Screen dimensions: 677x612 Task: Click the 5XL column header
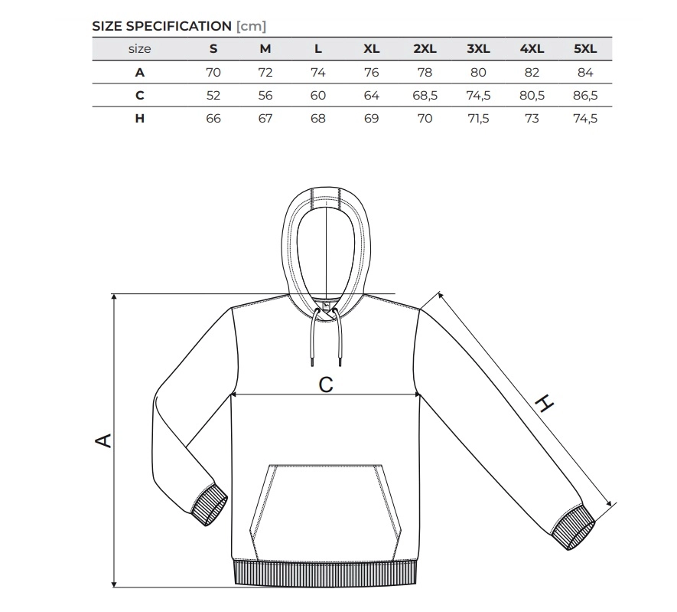pyautogui.click(x=585, y=49)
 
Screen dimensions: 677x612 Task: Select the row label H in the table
pyautogui.click(x=139, y=119)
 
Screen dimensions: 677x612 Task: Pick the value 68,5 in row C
pyautogui.click(x=425, y=96)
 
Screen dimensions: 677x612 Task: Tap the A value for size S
pyautogui.click(x=213, y=72)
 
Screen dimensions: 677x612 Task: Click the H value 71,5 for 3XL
pyautogui.click(x=478, y=119)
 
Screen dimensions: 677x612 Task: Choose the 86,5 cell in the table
pyautogui.click(x=585, y=96)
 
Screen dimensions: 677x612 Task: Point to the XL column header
pyautogui.click(x=371, y=49)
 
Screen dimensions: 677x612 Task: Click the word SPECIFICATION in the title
pyautogui.click(x=179, y=26)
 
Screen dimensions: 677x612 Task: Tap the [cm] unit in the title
pyautogui.click(x=251, y=26)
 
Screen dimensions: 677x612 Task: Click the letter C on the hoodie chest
pyautogui.click(x=326, y=385)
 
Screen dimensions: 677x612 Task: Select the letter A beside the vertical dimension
pyautogui.click(x=103, y=440)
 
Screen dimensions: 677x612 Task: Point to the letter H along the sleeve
pyautogui.click(x=544, y=403)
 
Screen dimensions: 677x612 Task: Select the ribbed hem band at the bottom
pyautogui.click(x=326, y=573)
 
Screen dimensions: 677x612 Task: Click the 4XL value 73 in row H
pyautogui.click(x=532, y=119)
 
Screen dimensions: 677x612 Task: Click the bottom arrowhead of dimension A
pyautogui.click(x=115, y=584)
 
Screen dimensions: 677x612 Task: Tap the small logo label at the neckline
pyautogui.click(x=327, y=306)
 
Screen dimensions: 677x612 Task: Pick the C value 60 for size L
pyautogui.click(x=317, y=96)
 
